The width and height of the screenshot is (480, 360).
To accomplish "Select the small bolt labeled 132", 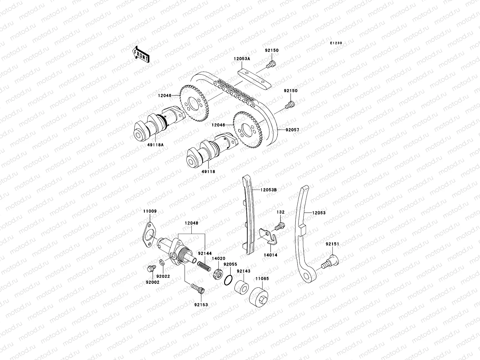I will pos(281,225).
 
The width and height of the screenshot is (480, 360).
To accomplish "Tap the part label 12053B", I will pos(268,190).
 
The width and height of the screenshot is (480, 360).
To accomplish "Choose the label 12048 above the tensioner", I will pos(191,223).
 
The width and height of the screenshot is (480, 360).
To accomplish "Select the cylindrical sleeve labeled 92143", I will pos(241,286).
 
